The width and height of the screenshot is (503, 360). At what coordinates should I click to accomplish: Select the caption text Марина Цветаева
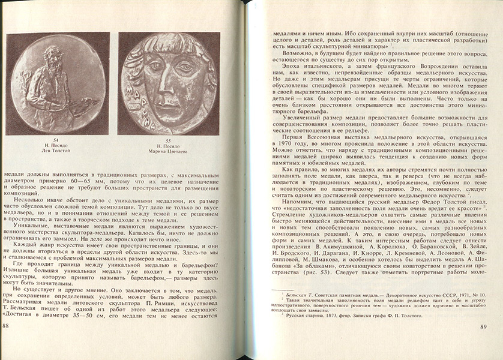tap(168, 151)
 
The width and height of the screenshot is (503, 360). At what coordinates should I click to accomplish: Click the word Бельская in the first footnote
tap(296, 296)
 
